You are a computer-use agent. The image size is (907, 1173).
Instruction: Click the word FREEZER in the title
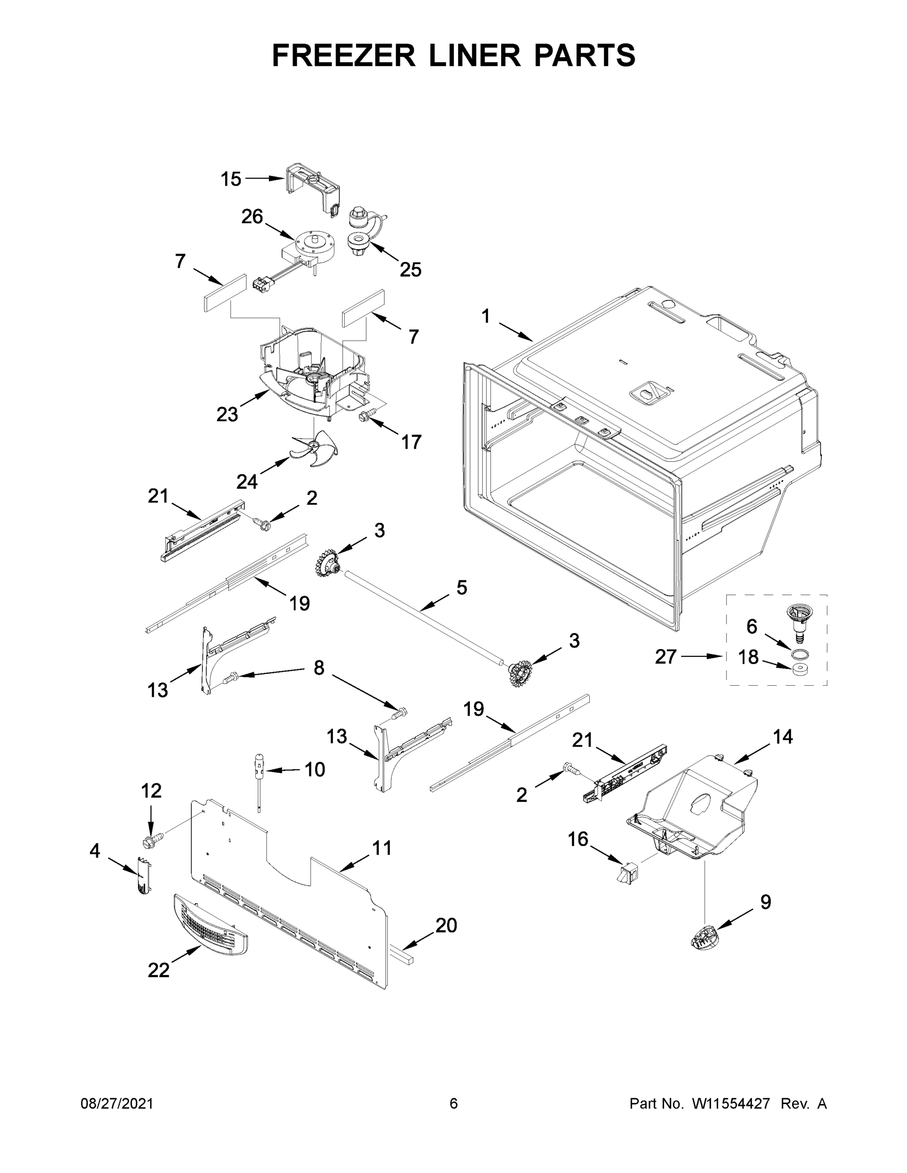pyautogui.click(x=343, y=55)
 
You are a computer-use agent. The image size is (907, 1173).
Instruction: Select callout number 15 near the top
pyautogui.click(x=231, y=179)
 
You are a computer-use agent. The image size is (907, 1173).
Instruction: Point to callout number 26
pyautogui.click(x=251, y=217)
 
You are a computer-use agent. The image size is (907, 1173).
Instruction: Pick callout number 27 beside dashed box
pyautogui.click(x=665, y=656)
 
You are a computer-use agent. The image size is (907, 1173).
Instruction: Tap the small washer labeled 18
pyautogui.click(x=800, y=669)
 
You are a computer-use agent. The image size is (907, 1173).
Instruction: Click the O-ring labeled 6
pyautogui.click(x=799, y=652)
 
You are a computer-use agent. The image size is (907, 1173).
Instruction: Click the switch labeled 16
pyautogui.click(x=626, y=876)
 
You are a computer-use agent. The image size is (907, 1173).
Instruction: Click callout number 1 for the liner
pyautogui.click(x=486, y=316)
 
